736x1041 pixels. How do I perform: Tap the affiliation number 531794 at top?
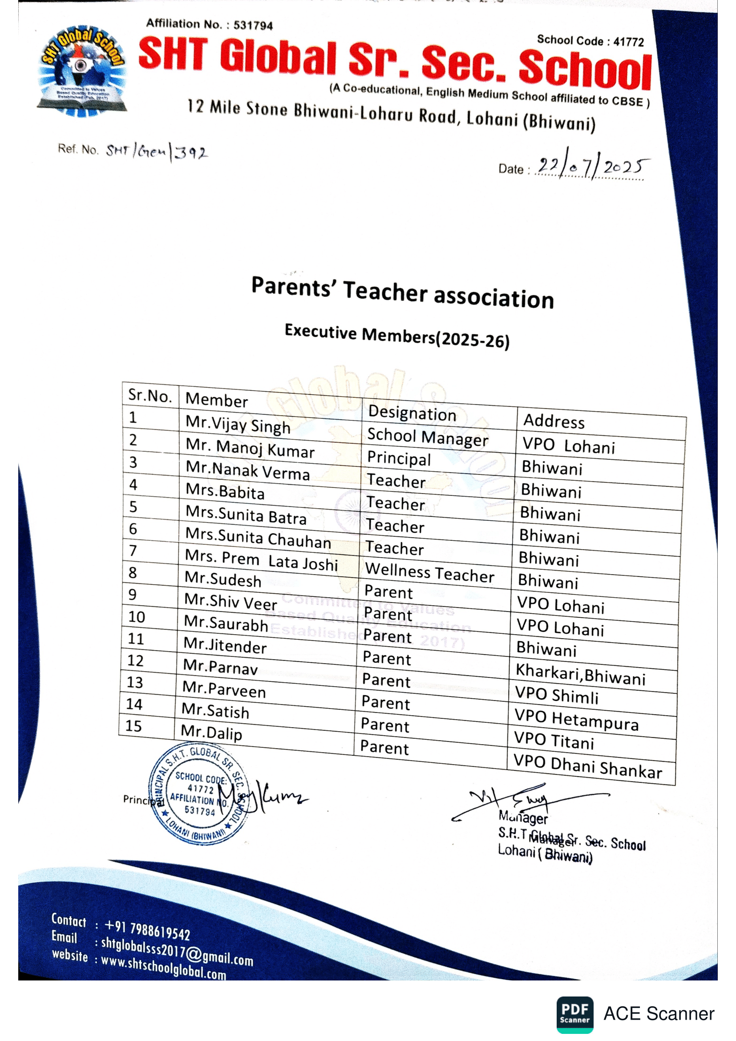(x=253, y=25)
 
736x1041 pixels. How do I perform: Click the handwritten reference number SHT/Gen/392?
(x=157, y=151)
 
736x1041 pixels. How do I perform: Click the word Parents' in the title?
(x=294, y=287)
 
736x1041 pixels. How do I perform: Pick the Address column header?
(x=554, y=421)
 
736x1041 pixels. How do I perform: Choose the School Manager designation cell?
(x=427, y=437)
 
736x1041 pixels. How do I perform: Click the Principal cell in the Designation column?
(x=399, y=458)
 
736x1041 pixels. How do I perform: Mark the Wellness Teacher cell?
(x=429, y=572)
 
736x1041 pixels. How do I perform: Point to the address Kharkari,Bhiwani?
(x=581, y=674)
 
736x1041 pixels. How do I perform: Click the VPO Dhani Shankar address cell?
(x=587, y=767)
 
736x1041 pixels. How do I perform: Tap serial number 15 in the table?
(x=133, y=726)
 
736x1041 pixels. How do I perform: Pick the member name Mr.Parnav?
(x=220, y=667)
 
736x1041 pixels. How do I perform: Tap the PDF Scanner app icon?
(x=574, y=1014)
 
